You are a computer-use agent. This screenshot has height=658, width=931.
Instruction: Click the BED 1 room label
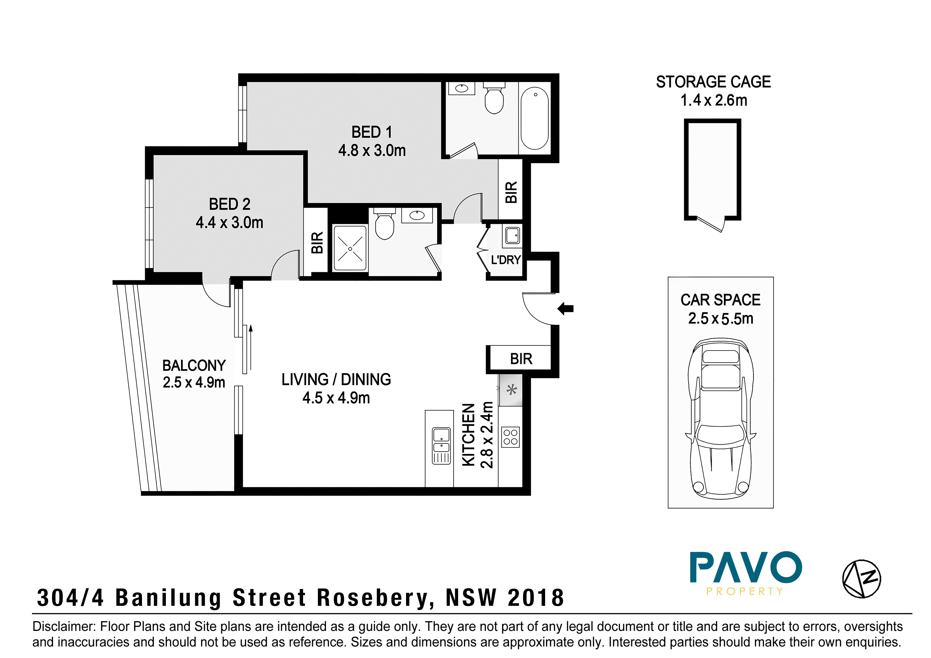click(372, 132)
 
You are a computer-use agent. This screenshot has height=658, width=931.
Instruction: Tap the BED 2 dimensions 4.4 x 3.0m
click(230, 223)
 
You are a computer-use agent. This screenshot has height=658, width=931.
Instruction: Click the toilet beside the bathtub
click(494, 98)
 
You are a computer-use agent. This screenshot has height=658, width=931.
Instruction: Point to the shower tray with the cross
click(350, 248)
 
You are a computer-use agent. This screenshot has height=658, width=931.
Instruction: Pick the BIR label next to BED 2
click(317, 243)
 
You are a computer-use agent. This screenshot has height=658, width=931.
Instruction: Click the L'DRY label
click(506, 260)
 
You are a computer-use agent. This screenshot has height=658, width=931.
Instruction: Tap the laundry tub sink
click(512, 235)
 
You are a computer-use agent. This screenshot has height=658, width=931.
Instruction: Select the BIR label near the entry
click(521, 359)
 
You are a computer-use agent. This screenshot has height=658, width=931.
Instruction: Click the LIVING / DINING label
click(336, 379)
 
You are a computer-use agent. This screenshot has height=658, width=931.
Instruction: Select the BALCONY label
click(194, 366)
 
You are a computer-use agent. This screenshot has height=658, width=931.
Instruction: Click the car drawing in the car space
click(721, 419)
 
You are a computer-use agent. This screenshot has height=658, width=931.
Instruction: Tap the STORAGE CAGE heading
click(713, 82)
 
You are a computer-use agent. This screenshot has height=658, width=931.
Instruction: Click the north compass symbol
click(862, 579)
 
